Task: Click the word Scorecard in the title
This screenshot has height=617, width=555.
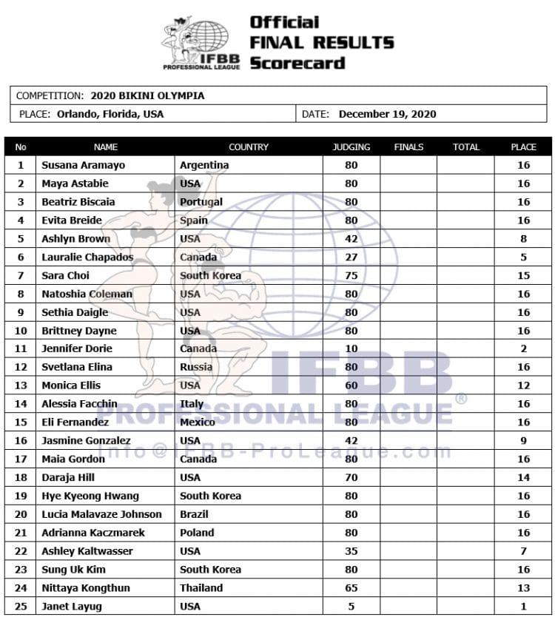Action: tap(297, 63)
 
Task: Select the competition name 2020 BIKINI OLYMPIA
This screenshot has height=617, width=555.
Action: tap(147, 95)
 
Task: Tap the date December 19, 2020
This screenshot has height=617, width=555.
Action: tap(387, 114)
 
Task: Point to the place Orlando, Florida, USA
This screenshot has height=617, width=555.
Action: tap(110, 114)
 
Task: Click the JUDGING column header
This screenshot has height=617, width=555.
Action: tap(351, 146)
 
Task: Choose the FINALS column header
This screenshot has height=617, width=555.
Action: tap(408, 146)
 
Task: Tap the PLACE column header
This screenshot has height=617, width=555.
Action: tap(523, 146)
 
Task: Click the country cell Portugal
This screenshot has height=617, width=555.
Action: tap(201, 202)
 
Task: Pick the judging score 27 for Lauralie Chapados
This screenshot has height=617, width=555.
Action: tap(351, 257)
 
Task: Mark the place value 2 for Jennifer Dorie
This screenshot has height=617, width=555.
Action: tap(523, 348)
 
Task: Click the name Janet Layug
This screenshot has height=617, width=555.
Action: tap(71, 606)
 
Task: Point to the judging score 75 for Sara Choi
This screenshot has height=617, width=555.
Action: tap(351, 275)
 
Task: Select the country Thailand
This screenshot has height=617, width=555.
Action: tap(201, 587)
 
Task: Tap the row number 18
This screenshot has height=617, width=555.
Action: tap(21, 477)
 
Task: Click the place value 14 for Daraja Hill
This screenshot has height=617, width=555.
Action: tap(523, 477)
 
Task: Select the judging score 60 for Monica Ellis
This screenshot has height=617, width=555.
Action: tap(351, 385)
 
